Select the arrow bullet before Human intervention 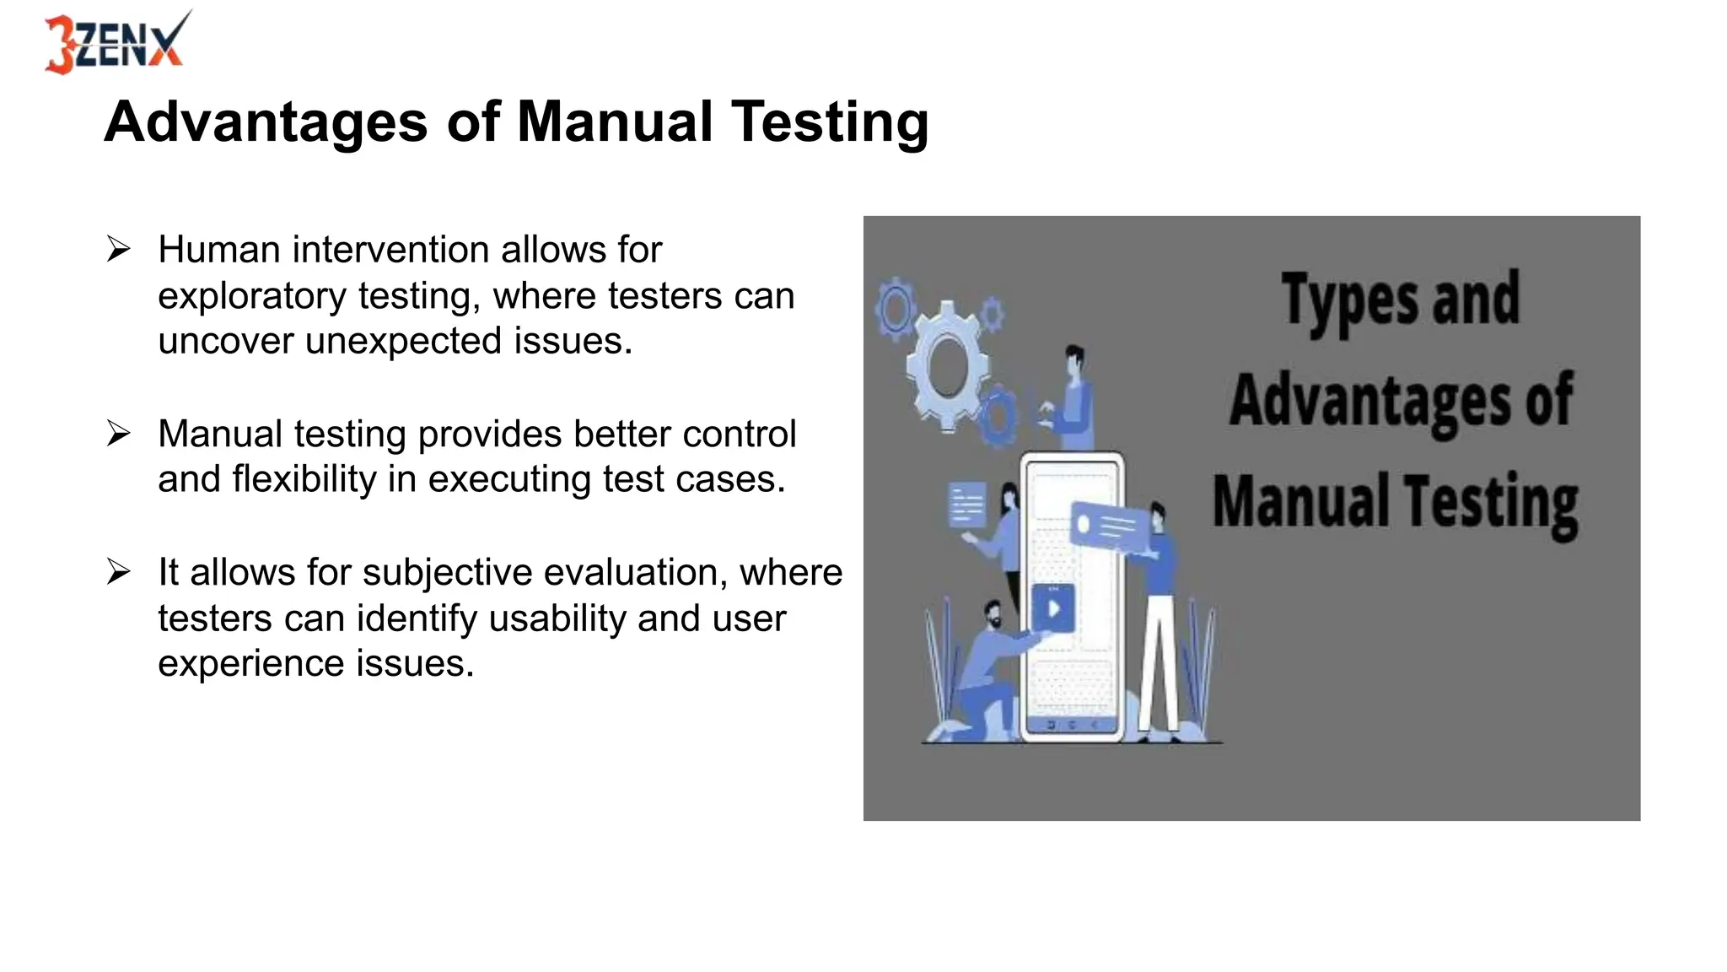point(119,250)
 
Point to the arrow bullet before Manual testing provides point(119,434)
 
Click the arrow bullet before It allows point(119,572)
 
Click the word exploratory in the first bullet point(252,296)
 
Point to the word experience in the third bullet point(250,664)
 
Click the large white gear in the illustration point(947,367)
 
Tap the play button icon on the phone point(1053,608)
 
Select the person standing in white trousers point(1159,624)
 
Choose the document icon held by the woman point(966,505)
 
